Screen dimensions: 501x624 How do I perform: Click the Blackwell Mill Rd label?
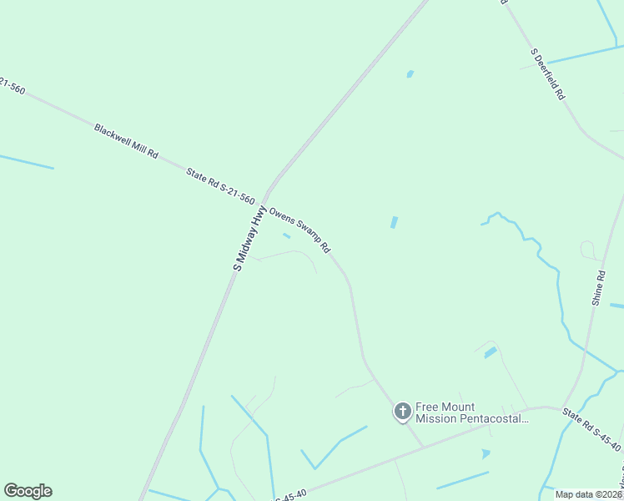(126, 141)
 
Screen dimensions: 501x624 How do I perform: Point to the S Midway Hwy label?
(249, 239)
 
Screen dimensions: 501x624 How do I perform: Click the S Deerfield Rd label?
(548, 75)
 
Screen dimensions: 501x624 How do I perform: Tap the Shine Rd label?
(597, 286)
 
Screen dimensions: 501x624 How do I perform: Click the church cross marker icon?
(402, 411)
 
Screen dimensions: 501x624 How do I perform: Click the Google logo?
(28, 491)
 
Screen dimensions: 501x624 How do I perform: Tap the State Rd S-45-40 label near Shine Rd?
(591, 429)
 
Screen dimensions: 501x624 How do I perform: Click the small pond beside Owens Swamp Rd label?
(286, 236)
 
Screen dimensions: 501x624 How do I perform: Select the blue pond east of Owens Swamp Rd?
(394, 223)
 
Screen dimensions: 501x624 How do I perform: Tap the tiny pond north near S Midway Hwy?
(410, 74)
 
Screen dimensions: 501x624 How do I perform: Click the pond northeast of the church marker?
(491, 353)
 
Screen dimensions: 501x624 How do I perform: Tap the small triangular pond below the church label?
(486, 454)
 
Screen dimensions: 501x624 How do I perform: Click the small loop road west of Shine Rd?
(588, 250)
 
